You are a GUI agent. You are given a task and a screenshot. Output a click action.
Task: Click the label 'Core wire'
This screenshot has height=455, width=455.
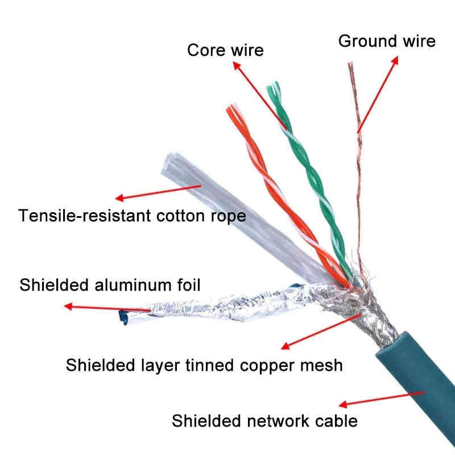coord(225,50)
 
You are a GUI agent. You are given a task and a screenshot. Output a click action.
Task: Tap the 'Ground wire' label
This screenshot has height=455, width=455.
coord(387,41)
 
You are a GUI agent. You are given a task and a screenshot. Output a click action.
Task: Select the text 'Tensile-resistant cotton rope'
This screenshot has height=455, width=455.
coord(132,216)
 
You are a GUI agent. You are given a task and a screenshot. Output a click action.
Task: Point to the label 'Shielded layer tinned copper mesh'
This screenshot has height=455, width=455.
coord(204,365)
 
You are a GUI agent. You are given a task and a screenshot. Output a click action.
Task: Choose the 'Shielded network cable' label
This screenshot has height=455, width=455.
coord(264,421)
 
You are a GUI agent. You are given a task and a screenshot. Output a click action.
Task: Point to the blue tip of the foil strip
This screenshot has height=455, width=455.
coord(123,317)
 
